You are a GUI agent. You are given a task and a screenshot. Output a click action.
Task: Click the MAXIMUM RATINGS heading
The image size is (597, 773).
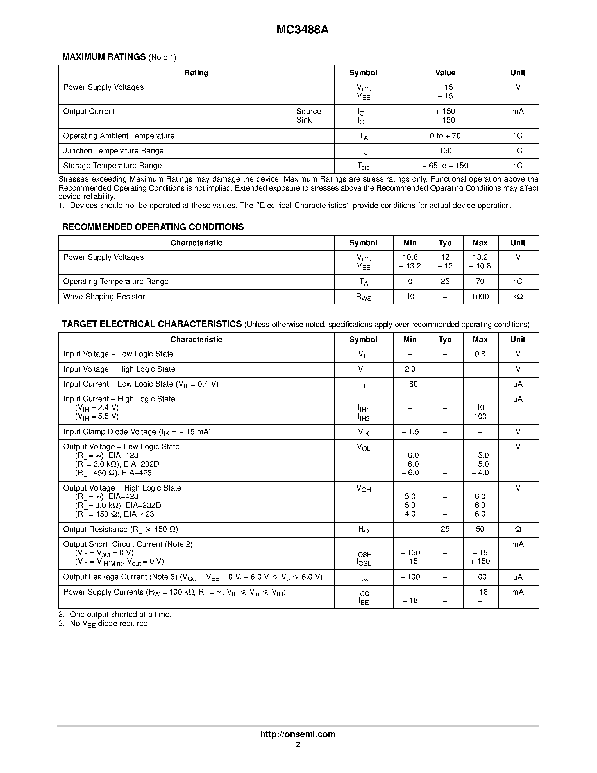click(x=104, y=57)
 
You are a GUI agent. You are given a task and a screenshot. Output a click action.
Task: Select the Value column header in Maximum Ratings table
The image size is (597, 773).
click(x=445, y=73)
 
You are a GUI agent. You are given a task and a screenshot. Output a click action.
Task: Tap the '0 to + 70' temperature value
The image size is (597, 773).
click(x=445, y=136)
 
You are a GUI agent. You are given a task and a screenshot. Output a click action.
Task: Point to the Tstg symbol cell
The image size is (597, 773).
click(x=363, y=166)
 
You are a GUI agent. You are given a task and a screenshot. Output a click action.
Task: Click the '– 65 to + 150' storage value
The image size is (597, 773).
click(x=445, y=166)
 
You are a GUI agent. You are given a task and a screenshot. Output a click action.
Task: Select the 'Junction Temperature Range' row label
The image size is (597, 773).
click(x=113, y=151)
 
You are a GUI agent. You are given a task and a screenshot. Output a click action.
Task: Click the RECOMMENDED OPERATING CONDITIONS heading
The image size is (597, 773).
click(x=153, y=227)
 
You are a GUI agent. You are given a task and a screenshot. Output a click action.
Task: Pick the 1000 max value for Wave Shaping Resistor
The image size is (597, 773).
click(x=480, y=297)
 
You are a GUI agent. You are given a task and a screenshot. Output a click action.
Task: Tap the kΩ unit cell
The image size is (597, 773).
click(x=518, y=297)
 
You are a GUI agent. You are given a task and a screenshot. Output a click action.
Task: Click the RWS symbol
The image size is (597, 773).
click(x=363, y=297)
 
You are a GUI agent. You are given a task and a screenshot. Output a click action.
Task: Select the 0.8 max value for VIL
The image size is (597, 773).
click(x=480, y=354)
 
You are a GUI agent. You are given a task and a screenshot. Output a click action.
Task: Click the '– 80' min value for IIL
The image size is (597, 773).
click(x=410, y=384)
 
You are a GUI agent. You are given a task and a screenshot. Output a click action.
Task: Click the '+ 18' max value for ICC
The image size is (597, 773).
click(x=480, y=592)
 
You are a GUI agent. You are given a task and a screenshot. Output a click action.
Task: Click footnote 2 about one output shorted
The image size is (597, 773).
click(x=115, y=615)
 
